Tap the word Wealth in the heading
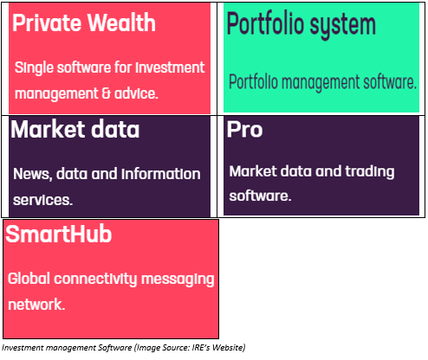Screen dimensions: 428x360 (121, 22)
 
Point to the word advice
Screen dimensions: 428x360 (136, 93)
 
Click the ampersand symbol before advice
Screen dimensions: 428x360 (107, 93)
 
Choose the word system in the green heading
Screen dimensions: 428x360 (343, 25)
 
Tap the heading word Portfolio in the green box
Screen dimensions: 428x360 (266, 23)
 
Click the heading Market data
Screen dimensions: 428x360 (75, 130)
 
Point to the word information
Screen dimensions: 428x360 (161, 174)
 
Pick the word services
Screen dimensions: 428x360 (42, 200)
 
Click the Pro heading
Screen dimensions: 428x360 (244, 130)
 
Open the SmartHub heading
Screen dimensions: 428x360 (59, 234)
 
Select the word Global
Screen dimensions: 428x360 (29, 279)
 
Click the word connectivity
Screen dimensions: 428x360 (95, 280)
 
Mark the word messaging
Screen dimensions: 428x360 (178, 280)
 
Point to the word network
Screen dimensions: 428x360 (36, 305)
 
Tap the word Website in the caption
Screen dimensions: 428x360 (229, 348)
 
